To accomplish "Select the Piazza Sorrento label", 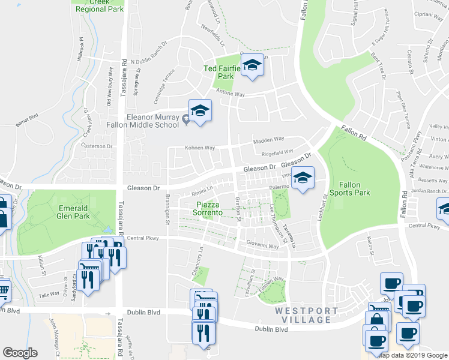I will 208,209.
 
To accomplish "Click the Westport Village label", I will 304,315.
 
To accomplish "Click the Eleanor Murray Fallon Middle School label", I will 152,121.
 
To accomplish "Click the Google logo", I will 20,353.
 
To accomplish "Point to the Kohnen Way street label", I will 199,148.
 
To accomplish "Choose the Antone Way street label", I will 231,95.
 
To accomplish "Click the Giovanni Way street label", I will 263,245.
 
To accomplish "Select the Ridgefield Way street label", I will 277,152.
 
